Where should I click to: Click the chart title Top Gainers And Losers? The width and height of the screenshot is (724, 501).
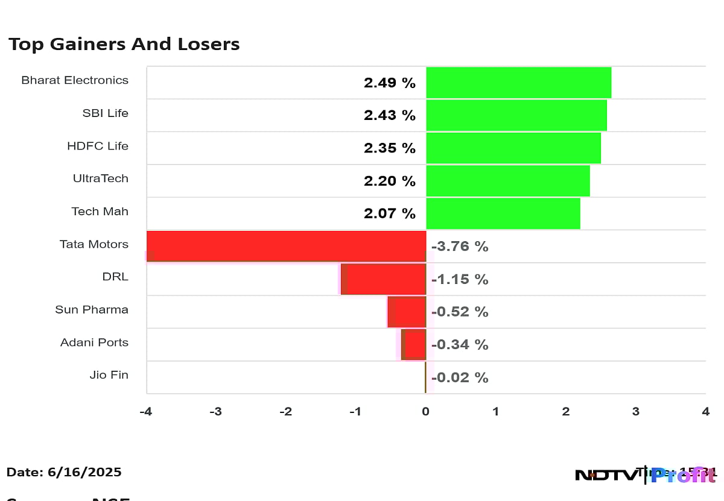(x=124, y=44)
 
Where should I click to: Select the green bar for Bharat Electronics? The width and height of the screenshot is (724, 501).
(x=518, y=83)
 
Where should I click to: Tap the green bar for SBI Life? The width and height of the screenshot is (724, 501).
(x=516, y=115)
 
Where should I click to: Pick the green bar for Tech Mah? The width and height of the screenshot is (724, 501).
(x=503, y=213)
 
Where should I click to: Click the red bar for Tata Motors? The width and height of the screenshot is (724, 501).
(x=287, y=246)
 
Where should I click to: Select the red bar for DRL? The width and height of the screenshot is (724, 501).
(x=384, y=279)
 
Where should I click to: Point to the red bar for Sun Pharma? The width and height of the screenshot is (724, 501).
(x=407, y=312)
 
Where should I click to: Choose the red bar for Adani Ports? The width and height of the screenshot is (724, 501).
(x=414, y=344)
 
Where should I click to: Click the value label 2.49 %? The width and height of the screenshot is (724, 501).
(x=389, y=83)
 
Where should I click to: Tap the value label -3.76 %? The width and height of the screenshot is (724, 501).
(x=459, y=247)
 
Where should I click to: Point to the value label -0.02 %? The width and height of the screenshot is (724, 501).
(x=459, y=377)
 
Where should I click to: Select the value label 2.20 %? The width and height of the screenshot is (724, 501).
(x=389, y=181)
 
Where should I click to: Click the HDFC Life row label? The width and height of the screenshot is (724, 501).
(x=98, y=146)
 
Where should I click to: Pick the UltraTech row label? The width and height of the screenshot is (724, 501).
(x=100, y=178)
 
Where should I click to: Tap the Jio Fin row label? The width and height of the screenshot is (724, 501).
(x=109, y=374)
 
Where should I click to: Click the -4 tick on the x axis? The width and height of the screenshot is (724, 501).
(x=146, y=412)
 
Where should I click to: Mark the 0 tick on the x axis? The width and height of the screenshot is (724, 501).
(x=425, y=412)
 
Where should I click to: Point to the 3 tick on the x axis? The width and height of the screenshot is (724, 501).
(x=635, y=412)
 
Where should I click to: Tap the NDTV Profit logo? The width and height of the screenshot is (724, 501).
(x=646, y=475)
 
